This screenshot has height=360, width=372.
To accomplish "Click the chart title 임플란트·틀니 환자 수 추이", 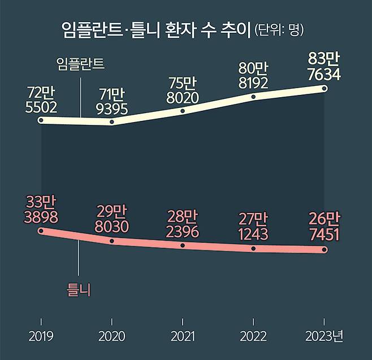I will tap(155, 30).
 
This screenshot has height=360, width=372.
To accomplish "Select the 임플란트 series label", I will tap(81, 63).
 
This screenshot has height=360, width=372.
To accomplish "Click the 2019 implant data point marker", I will tap(41, 120).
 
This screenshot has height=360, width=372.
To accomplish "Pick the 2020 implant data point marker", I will tap(112, 122).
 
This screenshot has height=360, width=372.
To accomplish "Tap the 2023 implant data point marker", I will tap(325, 88).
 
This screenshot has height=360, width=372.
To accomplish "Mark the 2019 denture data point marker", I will tap(41, 231).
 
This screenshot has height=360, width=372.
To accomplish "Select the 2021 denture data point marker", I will tap(183, 245).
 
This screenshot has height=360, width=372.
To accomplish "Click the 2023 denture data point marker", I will tap(325, 249).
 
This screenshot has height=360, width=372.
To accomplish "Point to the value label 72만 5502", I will tap(41, 99).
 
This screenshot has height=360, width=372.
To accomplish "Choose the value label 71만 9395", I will tap(112, 101).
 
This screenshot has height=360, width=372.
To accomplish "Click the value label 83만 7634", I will tap(324, 66).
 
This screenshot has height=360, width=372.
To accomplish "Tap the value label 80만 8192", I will tap(253, 76).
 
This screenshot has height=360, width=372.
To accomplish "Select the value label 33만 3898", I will tap(41, 210).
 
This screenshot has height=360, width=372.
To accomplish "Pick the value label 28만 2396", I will tap(183, 223).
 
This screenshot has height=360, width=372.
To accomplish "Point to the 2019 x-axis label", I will tap(41, 337).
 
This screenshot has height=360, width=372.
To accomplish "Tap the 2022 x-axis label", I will tap(253, 337).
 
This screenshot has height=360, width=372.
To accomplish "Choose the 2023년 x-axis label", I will tap(325, 337).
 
